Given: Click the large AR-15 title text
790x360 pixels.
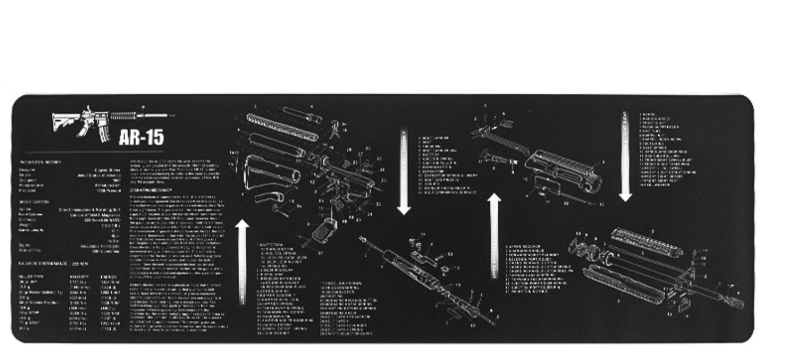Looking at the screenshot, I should pyautogui.click(x=141, y=137).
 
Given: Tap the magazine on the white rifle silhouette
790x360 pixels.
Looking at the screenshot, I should pyautogui.click(x=104, y=135).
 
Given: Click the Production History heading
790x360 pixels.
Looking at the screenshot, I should pyautogui.click(x=40, y=162).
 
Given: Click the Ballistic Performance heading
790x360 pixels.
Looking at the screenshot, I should pyautogui.click(x=53, y=263).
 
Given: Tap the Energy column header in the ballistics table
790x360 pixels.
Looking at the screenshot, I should pyautogui.click(x=109, y=276).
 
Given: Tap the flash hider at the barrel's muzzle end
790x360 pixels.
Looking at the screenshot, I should pyautogui.click(x=736, y=302).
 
